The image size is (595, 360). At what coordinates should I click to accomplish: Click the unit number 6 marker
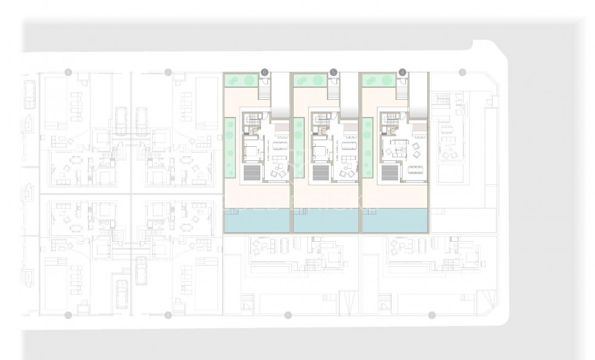pyautogui.click(x=265, y=72)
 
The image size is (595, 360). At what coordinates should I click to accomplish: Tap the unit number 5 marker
pyautogui.click(x=333, y=72)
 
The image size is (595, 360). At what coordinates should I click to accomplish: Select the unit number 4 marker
pyautogui.click(x=403, y=72)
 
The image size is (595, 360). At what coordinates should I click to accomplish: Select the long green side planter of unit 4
pyautogui.click(x=367, y=147)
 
